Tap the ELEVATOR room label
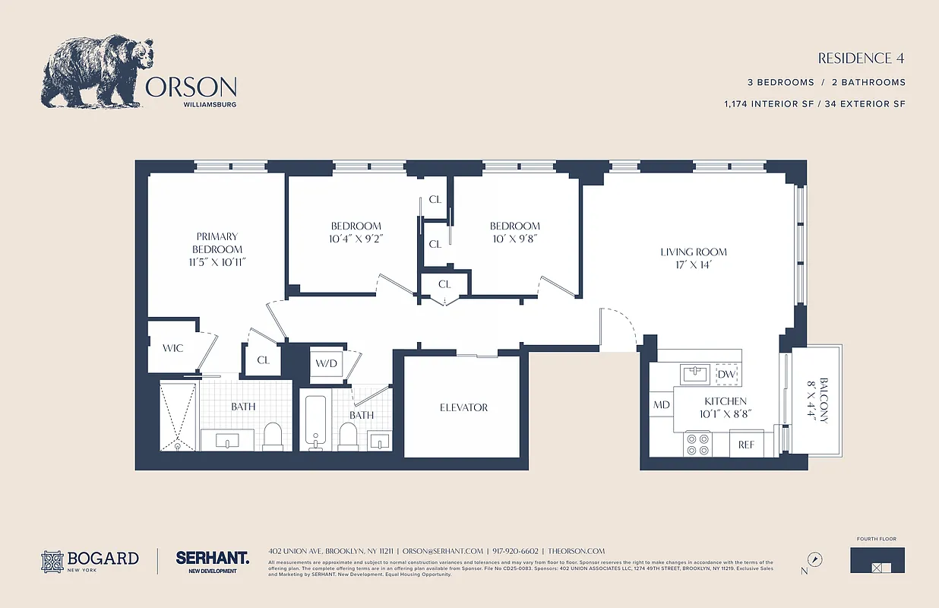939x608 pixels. [x=463, y=407]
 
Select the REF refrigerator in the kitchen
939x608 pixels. [x=746, y=445]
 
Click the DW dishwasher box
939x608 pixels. [x=726, y=374]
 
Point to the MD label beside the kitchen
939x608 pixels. [x=662, y=405]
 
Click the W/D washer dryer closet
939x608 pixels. [x=327, y=363]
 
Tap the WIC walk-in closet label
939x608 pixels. [x=173, y=348]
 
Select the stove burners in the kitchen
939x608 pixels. [x=697, y=444]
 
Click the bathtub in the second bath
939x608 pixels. [x=315, y=422]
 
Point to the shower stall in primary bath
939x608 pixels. [x=178, y=416]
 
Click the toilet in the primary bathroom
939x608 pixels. [x=272, y=436]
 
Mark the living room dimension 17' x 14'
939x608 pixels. [x=693, y=265]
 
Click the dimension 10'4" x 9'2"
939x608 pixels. [x=356, y=239]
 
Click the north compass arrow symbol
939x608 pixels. [x=815, y=559]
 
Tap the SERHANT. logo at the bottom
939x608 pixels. [x=212, y=558]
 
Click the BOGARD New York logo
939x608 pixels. [x=90, y=561]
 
